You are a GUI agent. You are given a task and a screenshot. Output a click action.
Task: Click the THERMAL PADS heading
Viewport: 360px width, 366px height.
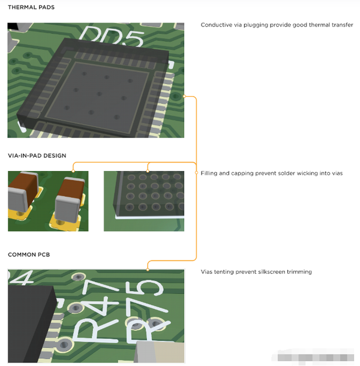click(31, 7)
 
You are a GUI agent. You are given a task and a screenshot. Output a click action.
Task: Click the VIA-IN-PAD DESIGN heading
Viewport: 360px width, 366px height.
click(37, 155)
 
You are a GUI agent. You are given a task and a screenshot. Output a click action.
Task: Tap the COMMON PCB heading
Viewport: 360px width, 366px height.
click(29, 254)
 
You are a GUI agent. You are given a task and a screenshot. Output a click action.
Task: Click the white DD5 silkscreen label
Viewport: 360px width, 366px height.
click(112, 36)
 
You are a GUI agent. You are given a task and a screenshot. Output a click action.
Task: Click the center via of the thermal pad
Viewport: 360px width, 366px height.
click(99, 94)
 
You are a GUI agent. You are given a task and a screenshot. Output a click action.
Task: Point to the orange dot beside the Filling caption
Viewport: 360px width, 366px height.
click(196, 173)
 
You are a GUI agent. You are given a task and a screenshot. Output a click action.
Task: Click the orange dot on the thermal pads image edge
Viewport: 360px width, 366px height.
click(184, 96)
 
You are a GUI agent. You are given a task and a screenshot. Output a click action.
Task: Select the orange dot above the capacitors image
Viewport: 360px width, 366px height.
click(73, 171)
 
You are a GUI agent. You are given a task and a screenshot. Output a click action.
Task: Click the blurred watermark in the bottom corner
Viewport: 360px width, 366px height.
click(313, 356)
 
